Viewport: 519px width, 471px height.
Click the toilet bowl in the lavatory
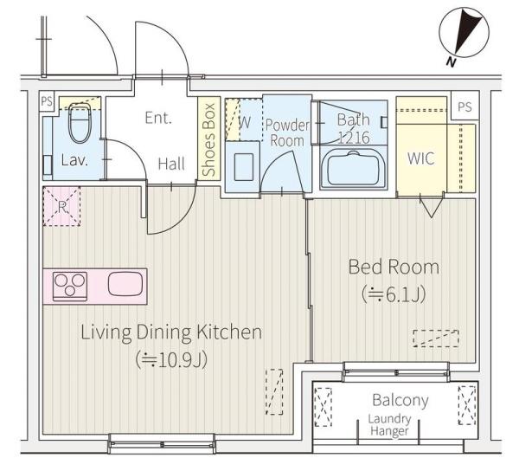click(80, 123)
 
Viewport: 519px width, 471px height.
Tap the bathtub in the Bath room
click(354, 169)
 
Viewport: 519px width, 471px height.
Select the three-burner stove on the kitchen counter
click(70, 287)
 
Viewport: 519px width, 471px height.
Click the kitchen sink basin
click(125, 284)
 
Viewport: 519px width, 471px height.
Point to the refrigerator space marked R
click(62, 207)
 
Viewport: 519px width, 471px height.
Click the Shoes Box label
click(208, 139)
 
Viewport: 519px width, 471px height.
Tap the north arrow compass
click(464, 32)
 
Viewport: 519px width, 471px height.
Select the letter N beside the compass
click(451, 61)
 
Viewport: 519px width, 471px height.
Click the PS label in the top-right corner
click(465, 106)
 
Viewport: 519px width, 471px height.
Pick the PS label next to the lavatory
click(47, 101)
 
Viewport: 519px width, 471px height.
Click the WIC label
click(420, 158)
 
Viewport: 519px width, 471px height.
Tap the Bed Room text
click(394, 267)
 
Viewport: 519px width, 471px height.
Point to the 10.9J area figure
click(172, 359)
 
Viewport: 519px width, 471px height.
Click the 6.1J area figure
click(394, 295)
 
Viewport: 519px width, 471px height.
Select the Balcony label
click(400, 401)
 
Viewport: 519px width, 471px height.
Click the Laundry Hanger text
click(389, 425)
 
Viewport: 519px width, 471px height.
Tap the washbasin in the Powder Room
click(244, 166)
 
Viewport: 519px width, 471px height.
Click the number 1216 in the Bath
click(354, 138)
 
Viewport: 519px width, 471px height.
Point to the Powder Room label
click(287, 132)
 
